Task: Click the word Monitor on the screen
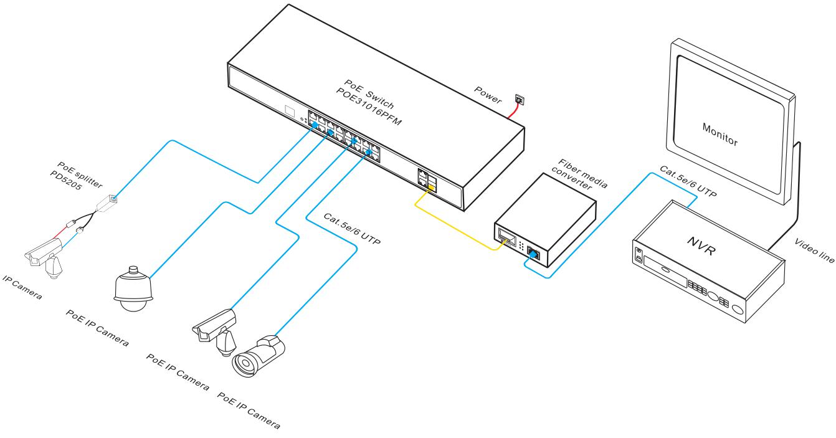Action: pos(720,133)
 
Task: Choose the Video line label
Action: pos(813,250)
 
